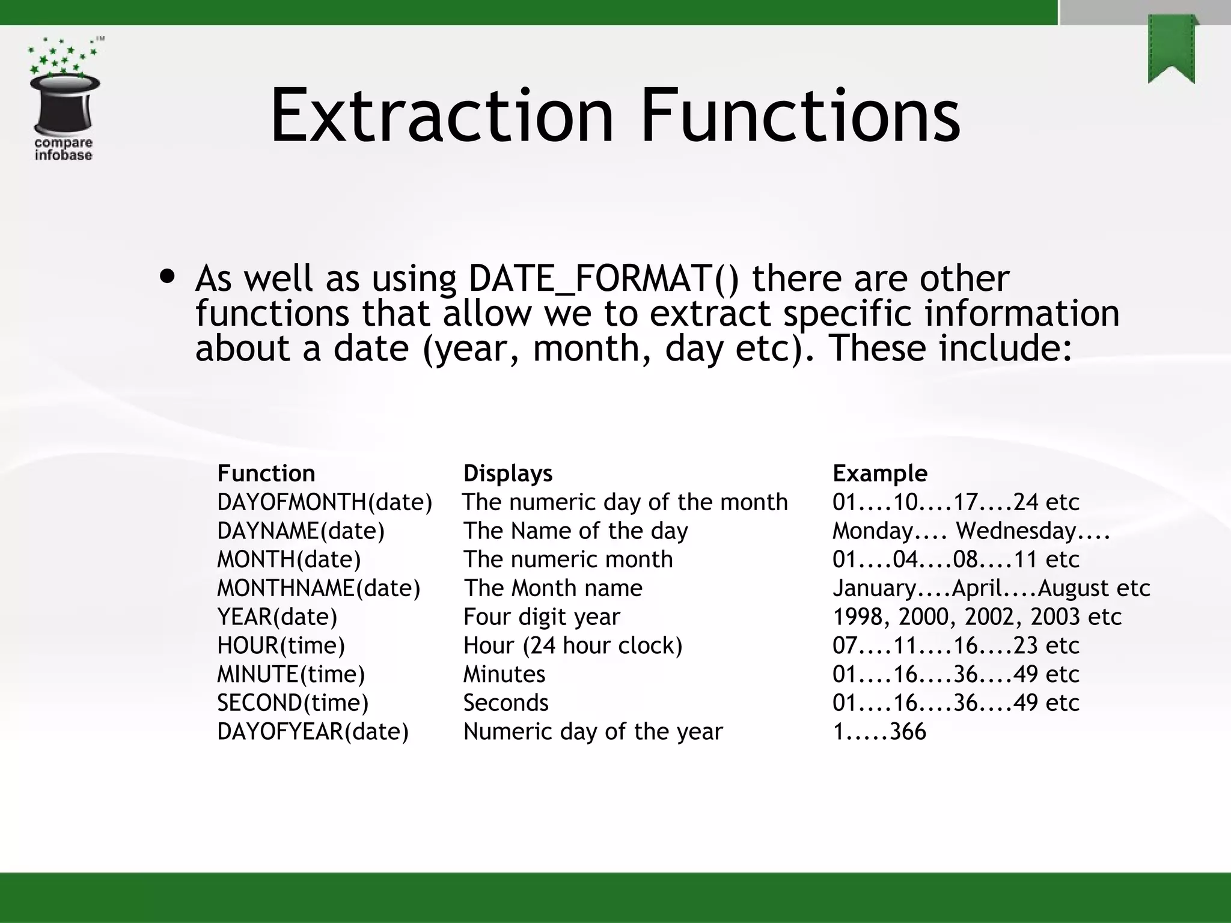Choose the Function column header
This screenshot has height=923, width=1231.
[x=266, y=474]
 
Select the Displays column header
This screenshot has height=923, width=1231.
[x=507, y=474]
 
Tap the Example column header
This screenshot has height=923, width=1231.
[x=879, y=474]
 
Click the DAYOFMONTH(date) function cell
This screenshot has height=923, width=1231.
[x=325, y=502]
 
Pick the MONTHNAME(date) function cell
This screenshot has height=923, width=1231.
[x=319, y=588]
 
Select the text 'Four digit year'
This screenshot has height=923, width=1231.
[x=541, y=617]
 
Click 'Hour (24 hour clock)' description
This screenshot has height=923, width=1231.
[x=573, y=646]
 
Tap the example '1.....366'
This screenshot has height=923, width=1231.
[x=879, y=732]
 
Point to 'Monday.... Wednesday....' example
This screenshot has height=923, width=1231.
[x=971, y=531]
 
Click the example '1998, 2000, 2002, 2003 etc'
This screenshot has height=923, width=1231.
[x=977, y=617]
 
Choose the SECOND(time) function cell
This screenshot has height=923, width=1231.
[x=293, y=703]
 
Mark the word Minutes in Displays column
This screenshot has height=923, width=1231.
[x=504, y=674]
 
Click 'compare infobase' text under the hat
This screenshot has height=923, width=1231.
[x=63, y=149]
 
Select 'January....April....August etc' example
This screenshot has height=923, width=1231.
[x=991, y=588]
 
